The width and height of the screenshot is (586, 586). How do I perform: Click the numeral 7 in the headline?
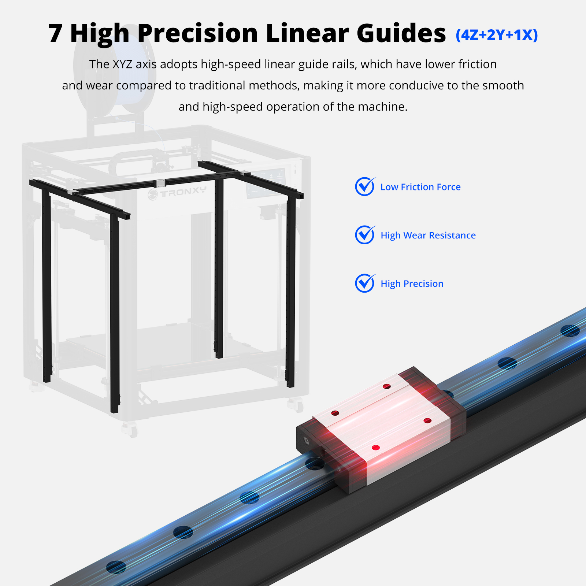point(55,33)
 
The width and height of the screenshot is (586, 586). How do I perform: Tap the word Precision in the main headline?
point(198,33)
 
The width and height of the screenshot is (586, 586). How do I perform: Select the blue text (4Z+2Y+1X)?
point(497,35)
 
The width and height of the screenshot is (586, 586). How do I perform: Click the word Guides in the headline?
point(401,33)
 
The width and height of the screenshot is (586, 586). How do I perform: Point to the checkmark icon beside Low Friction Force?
point(365,186)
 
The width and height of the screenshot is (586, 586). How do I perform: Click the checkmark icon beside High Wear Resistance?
point(365,235)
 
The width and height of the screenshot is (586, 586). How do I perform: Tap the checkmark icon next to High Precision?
point(365,283)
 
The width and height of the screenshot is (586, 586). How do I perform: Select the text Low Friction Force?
point(420,187)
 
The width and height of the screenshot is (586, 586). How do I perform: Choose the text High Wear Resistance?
point(428,235)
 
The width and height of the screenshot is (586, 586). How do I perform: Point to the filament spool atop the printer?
point(115,70)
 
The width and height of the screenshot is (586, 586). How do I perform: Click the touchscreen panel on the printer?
point(265,183)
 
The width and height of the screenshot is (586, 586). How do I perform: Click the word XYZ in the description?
point(122,64)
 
